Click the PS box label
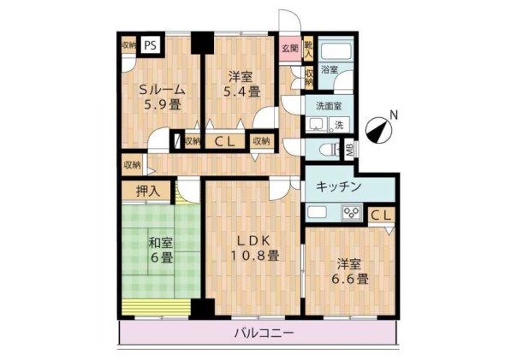pos(151,46)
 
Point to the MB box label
pos(348,150)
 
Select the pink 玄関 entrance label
pos(289,49)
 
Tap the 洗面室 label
pos(329,108)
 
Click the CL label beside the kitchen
pos(381,214)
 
